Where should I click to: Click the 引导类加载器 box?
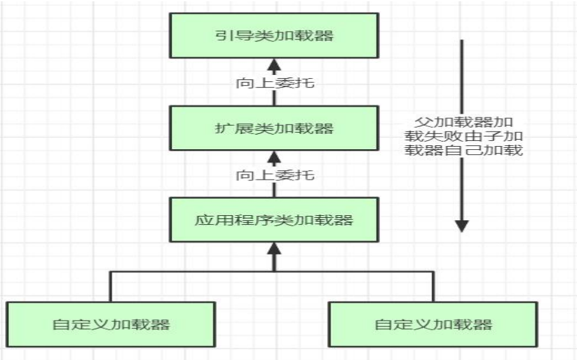274,35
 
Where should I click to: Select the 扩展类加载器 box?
274,128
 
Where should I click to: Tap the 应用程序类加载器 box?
274,220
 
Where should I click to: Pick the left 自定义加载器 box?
111,324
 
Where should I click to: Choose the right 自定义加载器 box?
433,324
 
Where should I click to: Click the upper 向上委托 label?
275,83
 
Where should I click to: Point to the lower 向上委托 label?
275,175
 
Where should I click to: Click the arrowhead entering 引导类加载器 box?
274,63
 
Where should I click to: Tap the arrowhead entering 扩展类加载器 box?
274,156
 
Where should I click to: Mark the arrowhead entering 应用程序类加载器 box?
274,248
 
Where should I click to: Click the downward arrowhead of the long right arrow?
462,225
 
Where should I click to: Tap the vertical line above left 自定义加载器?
111,286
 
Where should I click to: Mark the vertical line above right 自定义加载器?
433,286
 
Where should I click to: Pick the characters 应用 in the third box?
210,220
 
